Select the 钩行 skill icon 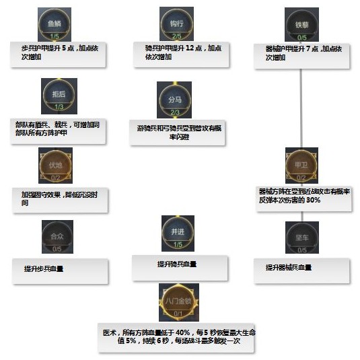coord(176,25)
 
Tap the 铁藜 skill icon coord(301,25)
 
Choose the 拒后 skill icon coord(59,95)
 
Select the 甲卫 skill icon coord(301,164)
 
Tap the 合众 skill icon coord(57,237)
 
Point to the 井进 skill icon coord(178,233)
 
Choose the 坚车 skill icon coord(301,238)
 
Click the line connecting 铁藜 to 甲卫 coord(301,108)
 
